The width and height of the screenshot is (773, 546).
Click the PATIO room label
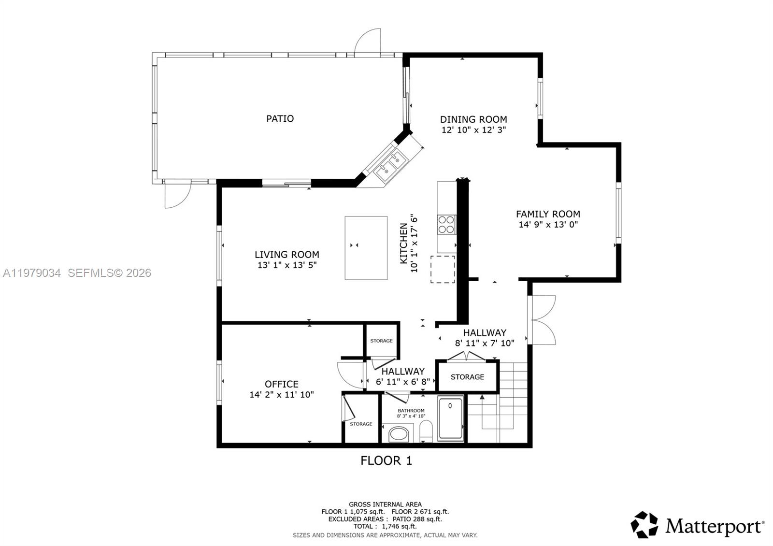280,118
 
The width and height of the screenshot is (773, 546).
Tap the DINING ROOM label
473,119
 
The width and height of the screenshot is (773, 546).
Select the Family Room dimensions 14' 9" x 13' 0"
548,225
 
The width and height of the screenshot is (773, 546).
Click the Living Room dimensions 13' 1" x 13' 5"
287,265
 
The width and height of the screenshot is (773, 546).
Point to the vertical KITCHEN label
403,243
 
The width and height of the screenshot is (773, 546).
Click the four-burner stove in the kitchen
446,225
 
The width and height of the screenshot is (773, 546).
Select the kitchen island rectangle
366,248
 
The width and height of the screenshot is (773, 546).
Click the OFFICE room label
281,384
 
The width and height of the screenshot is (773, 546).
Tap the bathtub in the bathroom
450,418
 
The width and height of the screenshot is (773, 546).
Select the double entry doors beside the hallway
542,320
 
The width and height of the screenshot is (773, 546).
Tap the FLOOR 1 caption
386,460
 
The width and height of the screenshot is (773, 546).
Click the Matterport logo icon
644,525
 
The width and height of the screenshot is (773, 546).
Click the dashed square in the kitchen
443,270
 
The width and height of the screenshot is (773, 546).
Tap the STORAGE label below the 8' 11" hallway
467,377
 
